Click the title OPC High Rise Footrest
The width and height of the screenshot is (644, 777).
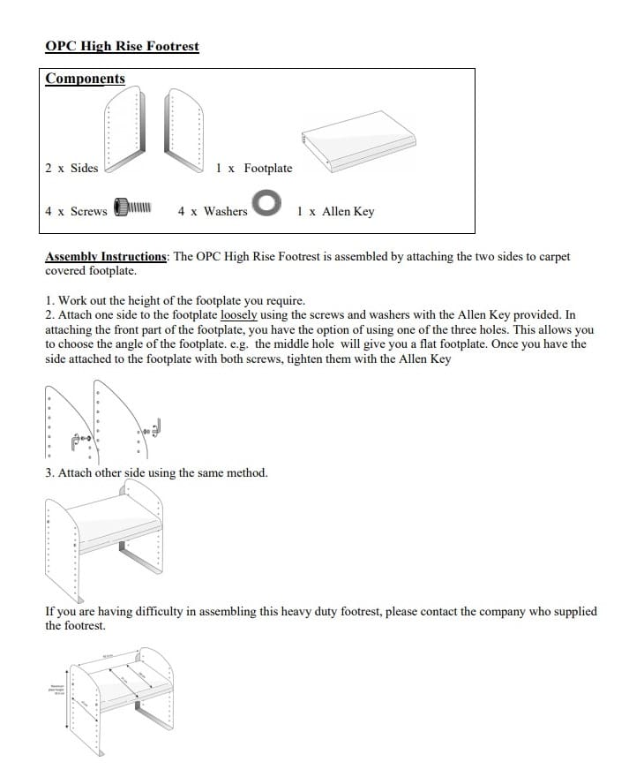point(122,46)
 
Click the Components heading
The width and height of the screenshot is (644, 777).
point(86,79)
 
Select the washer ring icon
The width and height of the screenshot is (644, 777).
point(266,204)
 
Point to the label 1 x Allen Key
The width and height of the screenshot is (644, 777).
point(335,211)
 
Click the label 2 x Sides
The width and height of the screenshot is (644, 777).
point(71,168)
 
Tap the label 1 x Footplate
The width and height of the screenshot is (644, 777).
point(254,168)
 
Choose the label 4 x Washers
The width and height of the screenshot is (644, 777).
point(213,211)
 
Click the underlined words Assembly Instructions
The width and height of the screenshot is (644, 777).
point(106,257)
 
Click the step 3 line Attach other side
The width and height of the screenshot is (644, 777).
point(156,472)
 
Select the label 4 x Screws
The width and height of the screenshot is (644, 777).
point(76,211)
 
